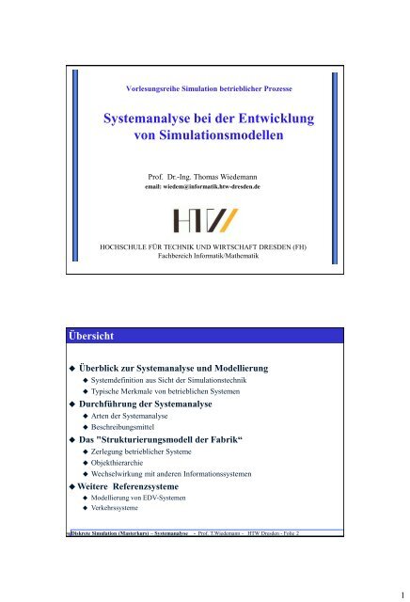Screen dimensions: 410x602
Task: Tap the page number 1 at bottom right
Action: point(399,594)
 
